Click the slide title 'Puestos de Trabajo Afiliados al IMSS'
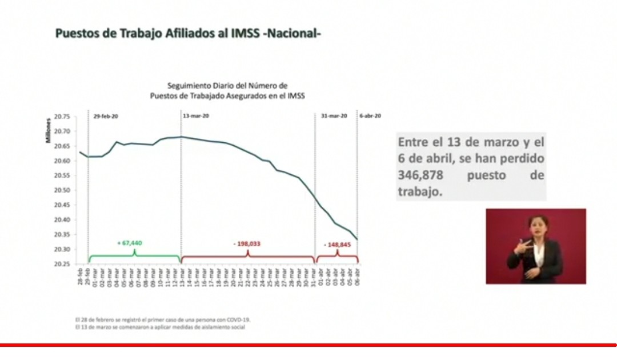point(188,34)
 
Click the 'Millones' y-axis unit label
point(50,131)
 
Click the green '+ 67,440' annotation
point(130,243)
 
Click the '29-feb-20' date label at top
point(106,116)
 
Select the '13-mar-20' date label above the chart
point(195,116)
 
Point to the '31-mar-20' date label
point(334,116)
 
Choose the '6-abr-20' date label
point(370,116)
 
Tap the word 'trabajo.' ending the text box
point(420,192)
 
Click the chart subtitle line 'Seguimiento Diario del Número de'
point(227,85)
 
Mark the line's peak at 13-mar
point(181,137)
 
